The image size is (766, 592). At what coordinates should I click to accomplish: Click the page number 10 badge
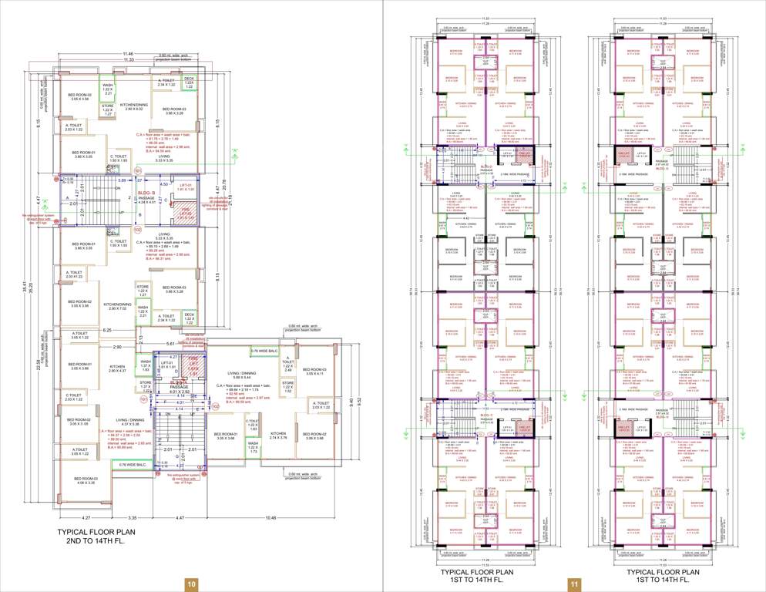(x=190, y=584)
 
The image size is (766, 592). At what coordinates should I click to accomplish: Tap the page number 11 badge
(x=573, y=584)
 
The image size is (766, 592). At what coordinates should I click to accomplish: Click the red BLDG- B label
(x=147, y=193)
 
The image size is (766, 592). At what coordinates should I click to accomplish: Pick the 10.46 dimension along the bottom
(x=270, y=517)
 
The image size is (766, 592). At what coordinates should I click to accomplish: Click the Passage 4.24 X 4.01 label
(x=146, y=200)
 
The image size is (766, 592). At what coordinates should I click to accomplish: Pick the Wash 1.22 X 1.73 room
(x=253, y=448)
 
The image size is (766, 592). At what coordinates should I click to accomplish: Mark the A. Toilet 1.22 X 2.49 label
(x=287, y=366)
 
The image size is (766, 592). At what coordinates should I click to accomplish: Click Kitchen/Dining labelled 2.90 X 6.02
(x=133, y=107)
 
